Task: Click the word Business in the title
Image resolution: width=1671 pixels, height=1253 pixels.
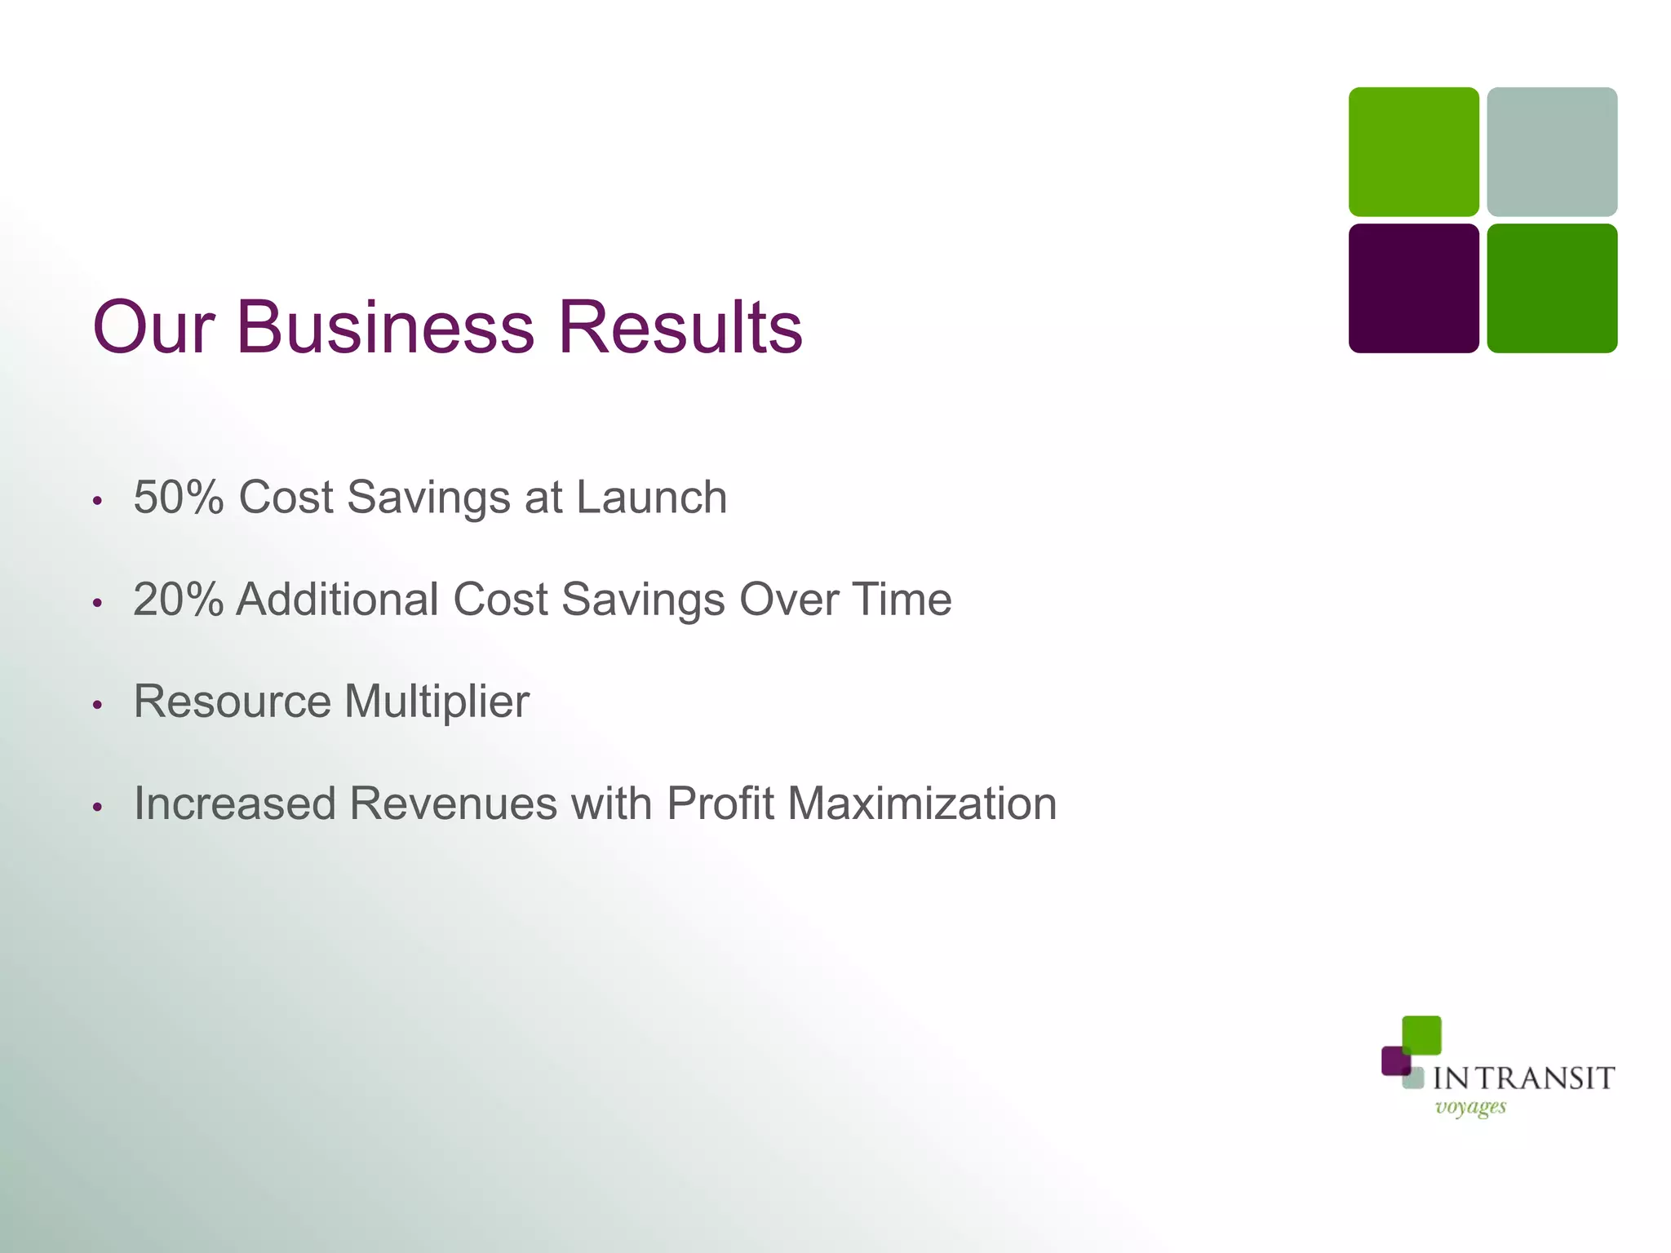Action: coord(385,327)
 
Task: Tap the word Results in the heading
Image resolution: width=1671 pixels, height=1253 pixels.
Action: coord(680,327)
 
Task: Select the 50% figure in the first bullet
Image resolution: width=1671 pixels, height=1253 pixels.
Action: coord(179,497)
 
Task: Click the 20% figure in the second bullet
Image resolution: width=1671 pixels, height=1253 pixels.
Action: coord(178,599)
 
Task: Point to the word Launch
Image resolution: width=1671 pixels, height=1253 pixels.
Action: coord(651,497)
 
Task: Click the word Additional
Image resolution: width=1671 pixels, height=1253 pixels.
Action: coord(338,599)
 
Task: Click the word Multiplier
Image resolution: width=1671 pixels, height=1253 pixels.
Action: coord(437,702)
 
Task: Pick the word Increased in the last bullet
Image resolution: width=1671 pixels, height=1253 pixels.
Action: coord(235,804)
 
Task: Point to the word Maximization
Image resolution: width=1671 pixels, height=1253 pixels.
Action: coord(922,804)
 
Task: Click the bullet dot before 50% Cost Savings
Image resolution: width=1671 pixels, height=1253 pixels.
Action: coord(97,500)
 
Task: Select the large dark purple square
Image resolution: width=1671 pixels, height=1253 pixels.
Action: coord(1413,288)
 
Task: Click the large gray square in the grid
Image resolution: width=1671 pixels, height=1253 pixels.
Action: coord(1551,152)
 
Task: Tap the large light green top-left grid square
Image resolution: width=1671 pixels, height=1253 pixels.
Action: coord(1413,152)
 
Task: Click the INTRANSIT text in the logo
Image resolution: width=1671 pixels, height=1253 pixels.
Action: coord(1523,1078)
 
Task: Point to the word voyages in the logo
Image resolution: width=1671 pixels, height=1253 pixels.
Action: coord(1470,1108)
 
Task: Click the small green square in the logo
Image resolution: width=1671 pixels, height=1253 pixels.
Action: coord(1421,1034)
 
